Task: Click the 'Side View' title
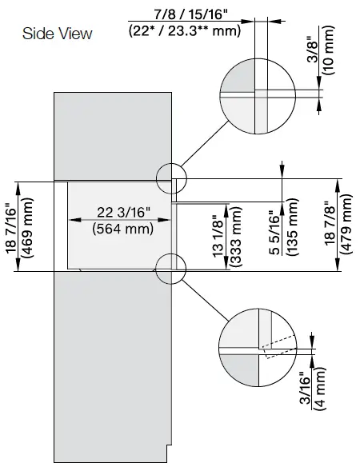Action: point(57,34)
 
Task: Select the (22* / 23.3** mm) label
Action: point(184,31)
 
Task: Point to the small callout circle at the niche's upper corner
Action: point(171,178)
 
